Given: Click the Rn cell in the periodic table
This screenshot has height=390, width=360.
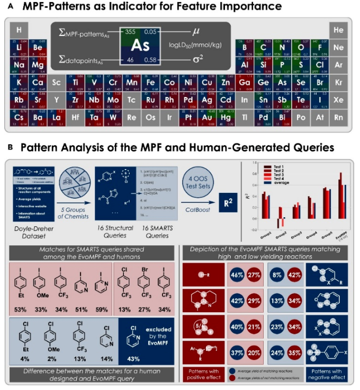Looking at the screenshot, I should pyautogui.click(x=339, y=117).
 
